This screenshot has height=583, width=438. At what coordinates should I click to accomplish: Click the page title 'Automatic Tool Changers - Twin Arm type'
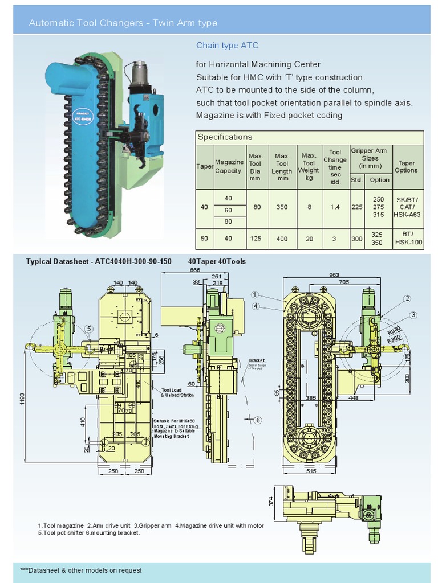123,23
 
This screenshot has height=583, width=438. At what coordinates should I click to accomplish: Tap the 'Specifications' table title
225,137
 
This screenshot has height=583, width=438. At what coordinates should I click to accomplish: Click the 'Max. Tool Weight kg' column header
309,167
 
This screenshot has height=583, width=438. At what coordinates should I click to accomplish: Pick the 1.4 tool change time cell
335,207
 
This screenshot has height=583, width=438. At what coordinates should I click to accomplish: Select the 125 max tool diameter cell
255,239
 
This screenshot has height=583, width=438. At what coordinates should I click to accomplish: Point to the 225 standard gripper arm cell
357,207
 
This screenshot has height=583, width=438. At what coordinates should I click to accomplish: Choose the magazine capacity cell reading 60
228,210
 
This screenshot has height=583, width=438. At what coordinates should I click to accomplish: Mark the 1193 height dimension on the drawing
21,399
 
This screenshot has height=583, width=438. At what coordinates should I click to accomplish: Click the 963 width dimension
334,274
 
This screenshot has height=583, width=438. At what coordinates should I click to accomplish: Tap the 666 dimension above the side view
195,270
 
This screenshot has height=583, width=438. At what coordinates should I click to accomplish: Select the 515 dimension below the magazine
310,471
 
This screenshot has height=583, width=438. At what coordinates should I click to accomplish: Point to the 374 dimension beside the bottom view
271,501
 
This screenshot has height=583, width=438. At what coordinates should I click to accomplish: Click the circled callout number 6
258,420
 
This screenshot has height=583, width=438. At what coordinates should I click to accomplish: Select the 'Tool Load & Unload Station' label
178,392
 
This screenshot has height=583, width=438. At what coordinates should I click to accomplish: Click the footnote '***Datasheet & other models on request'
81,570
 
